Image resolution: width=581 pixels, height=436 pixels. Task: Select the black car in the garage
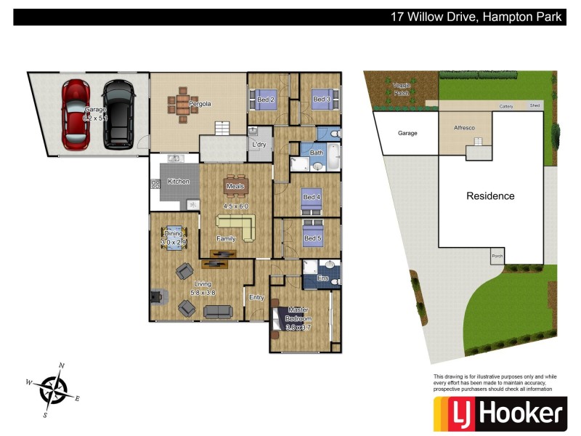(118, 115)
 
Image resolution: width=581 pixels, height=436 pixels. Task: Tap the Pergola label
(200, 104)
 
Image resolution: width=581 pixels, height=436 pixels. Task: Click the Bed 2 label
(266, 100)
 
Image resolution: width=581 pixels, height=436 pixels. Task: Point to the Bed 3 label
(321, 100)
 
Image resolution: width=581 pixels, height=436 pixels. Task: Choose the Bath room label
(317, 153)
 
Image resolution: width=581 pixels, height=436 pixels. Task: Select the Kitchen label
(179, 181)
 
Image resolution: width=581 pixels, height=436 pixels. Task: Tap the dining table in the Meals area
(236, 186)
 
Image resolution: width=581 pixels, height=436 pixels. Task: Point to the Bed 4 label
(311, 197)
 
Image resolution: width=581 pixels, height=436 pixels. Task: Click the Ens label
(323, 278)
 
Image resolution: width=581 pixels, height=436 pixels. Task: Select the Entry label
(256, 297)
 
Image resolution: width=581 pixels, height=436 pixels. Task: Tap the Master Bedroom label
(298, 314)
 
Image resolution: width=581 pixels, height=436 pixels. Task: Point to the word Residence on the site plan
(490, 196)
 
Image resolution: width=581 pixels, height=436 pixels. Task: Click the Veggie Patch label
(402, 89)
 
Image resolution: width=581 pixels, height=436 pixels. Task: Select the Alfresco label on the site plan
(464, 128)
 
